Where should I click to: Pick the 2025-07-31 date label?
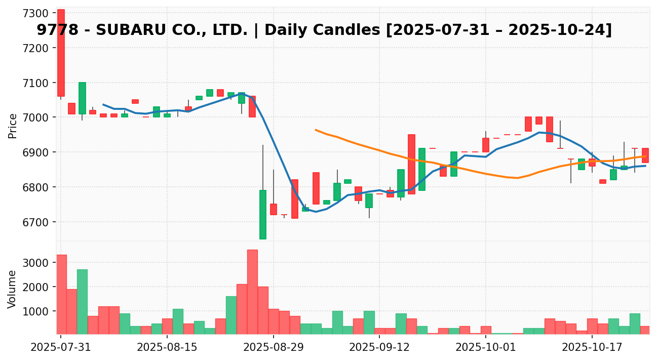(61, 347)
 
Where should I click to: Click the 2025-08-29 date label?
(274, 347)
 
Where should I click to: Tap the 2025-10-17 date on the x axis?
(592, 347)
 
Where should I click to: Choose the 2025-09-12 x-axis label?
(380, 347)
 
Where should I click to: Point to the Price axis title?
(13, 126)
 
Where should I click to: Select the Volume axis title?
(13, 289)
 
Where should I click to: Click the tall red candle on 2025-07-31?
(61, 53)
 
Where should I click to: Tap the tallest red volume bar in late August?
(252, 292)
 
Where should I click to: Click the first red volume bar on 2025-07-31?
(61, 294)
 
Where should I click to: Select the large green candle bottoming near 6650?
(263, 214)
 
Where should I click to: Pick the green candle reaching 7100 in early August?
(82, 98)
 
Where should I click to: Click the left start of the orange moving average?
(316, 130)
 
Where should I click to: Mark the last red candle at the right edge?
(645, 155)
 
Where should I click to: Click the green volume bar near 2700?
(82, 301)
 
